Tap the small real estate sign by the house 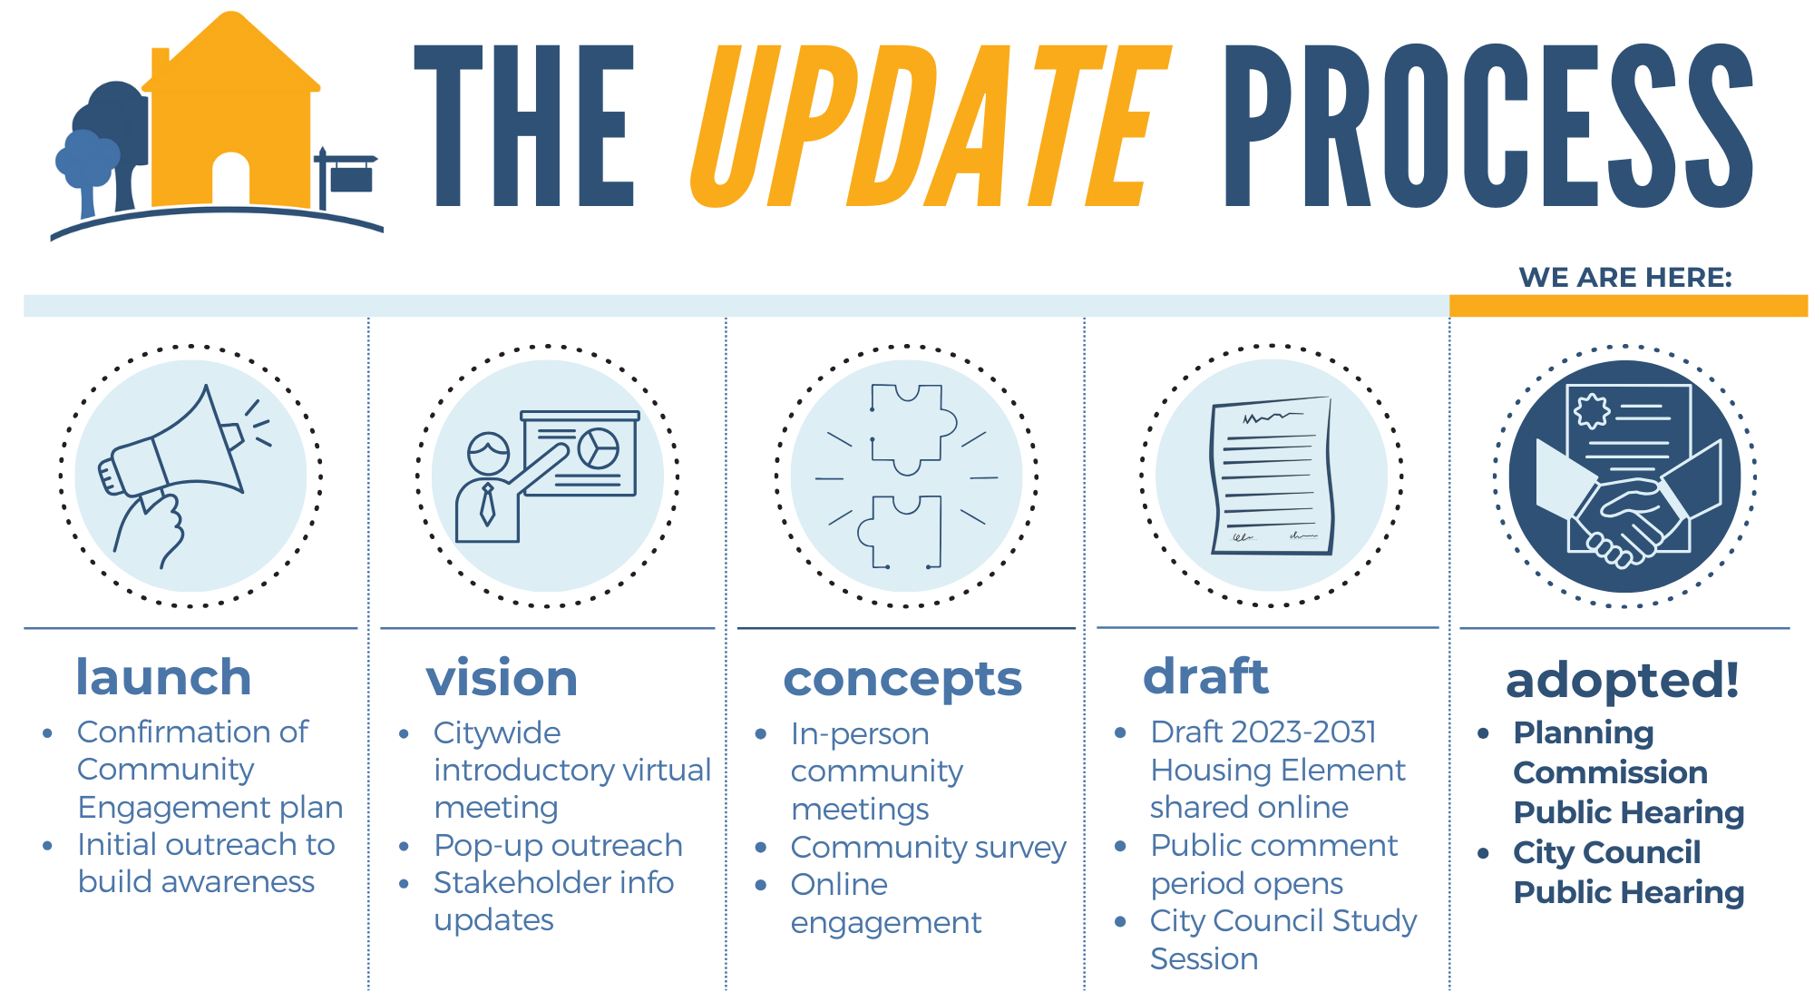349,177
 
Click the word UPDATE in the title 930,127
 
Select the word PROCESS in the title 1487,127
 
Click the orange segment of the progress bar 1628,306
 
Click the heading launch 163,678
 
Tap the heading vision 502,679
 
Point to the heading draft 1205,677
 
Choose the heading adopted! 1623,681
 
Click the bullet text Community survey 928,847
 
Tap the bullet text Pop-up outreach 558,845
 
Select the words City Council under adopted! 1606,852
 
